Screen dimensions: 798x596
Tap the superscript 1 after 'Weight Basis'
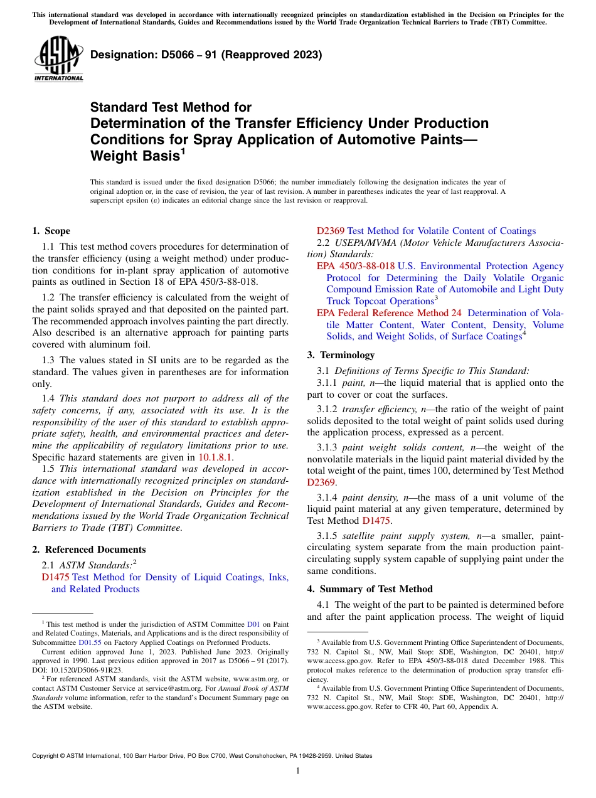point(181,151)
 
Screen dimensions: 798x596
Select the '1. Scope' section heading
point(51,231)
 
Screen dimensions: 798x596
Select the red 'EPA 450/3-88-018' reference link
point(355,266)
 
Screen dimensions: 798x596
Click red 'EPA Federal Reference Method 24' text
point(388,313)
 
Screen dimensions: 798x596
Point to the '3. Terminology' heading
point(341,355)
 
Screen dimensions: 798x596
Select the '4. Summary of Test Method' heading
point(370,589)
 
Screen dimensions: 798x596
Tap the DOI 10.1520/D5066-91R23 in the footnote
point(84,670)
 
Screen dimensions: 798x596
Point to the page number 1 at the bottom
point(298,771)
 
